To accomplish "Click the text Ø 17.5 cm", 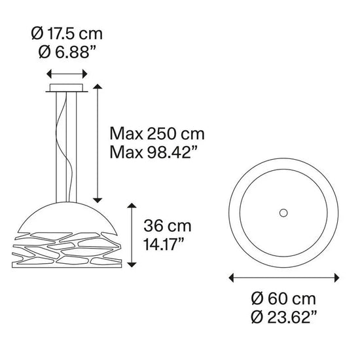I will click(x=67, y=33).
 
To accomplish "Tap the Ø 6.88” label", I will click(x=65, y=51).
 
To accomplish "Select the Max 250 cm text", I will click(x=157, y=135).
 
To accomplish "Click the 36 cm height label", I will click(x=168, y=226).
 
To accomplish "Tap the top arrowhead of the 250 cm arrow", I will click(x=98, y=86).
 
